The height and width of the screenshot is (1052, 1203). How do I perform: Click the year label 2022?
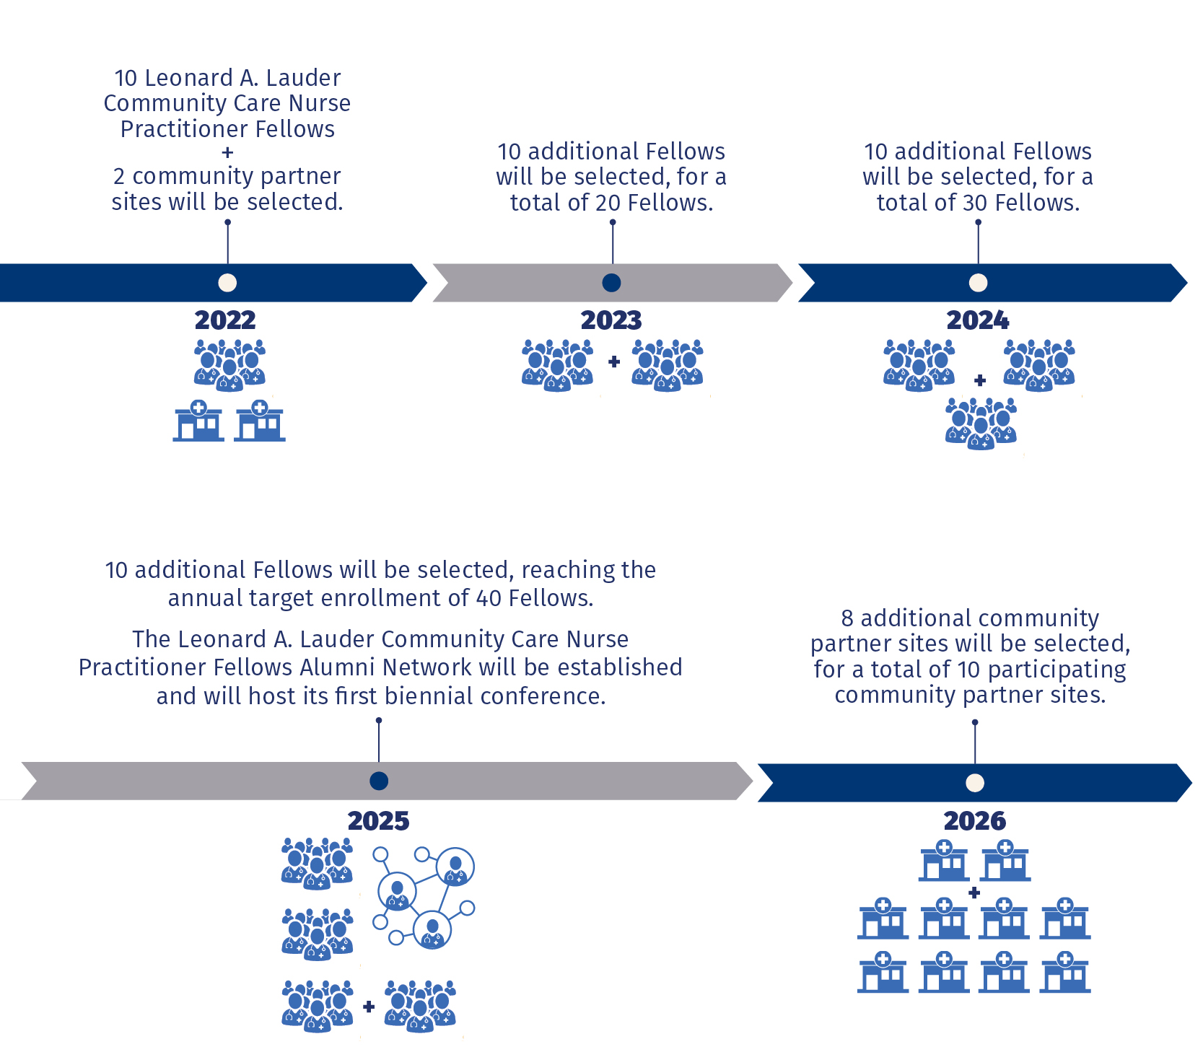pyautogui.click(x=225, y=320)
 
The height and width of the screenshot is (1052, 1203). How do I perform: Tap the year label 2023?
pyautogui.click(x=611, y=320)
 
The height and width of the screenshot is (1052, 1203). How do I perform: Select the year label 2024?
pyautogui.click(x=978, y=320)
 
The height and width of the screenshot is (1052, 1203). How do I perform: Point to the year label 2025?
pyautogui.click(x=378, y=820)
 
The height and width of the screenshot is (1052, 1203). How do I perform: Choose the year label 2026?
pyautogui.click(x=974, y=820)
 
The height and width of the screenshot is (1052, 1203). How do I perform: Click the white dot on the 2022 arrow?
pyautogui.click(x=227, y=283)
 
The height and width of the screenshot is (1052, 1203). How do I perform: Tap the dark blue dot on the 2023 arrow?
pyautogui.click(x=611, y=283)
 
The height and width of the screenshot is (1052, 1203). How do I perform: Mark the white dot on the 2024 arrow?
pyautogui.click(x=978, y=283)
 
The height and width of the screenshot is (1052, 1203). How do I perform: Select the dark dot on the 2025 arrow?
pyautogui.click(x=379, y=781)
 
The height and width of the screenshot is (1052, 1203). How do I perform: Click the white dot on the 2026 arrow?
pyautogui.click(x=975, y=783)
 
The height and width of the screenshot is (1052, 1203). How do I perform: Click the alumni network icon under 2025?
pyautogui.click(x=424, y=897)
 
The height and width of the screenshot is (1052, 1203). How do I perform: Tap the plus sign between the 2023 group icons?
pyautogui.click(x=614, y=361)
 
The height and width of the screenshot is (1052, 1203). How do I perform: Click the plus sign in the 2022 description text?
pyautogui.click(x=227, y=152)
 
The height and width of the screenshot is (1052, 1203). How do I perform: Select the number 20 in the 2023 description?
pyautogui.click(x=608, y=203)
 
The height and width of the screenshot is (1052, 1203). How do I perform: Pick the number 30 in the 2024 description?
pyautogui.click(x=975, y=203)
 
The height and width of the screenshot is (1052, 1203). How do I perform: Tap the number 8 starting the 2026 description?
pyautogui.click(x=847, y=618)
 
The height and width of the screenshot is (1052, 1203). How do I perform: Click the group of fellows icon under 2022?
pyautogui.click(x=229, y=365)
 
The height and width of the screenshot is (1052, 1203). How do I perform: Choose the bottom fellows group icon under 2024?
pyautogui.click(x=981, y=424)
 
